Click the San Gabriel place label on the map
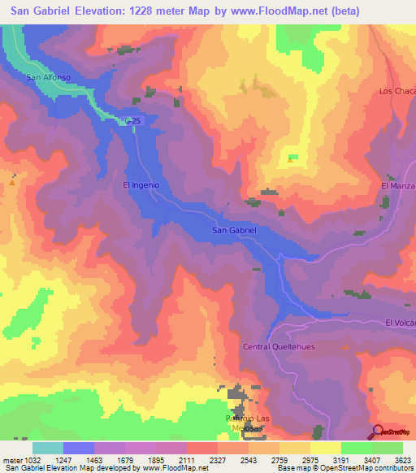click(234, 231)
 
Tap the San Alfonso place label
click(44, 78)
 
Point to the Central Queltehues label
click(278, 346)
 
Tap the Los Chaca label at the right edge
click(397, 91)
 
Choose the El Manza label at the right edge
click(398, 186)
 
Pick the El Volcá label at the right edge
click(400, 323)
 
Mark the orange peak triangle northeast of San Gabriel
click(291, 159)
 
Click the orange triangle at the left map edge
click(13, 182)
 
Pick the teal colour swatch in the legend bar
click(48, 448)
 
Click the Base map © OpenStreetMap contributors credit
click(355, 468)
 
